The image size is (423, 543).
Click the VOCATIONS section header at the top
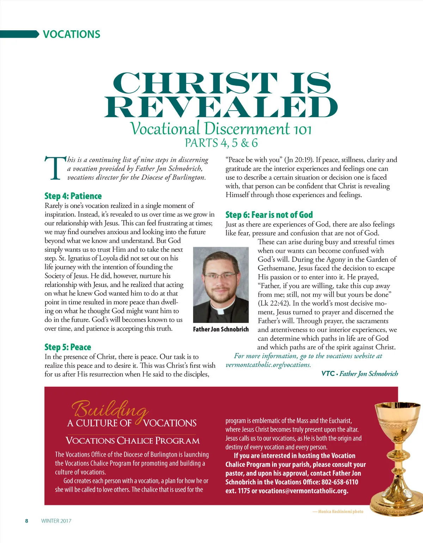(71, 34)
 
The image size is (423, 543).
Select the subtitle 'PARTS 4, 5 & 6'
(221, 143)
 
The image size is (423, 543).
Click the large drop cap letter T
(55, 168)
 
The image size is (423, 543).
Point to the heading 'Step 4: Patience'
(73, 196)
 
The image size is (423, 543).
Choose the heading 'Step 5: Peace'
(68, 347)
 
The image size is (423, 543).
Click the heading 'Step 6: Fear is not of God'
(269, 215)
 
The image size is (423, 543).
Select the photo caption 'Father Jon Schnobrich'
(221, 329)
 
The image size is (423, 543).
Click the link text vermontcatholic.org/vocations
(268, 365)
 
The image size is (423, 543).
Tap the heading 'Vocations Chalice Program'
(133, 441)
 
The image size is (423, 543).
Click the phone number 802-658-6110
(339, 482)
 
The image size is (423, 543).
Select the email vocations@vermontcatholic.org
(303, 491)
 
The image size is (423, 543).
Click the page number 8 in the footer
(26, 521)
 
